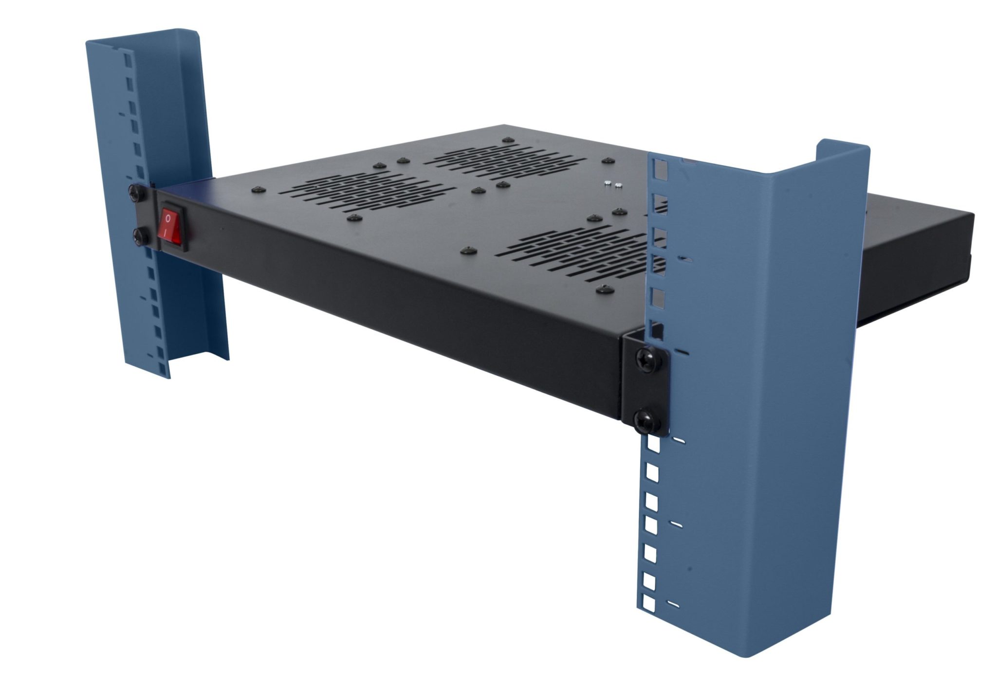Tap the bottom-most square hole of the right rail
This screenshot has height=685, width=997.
pos(649,604)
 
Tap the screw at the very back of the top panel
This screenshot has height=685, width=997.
pos(508,140)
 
